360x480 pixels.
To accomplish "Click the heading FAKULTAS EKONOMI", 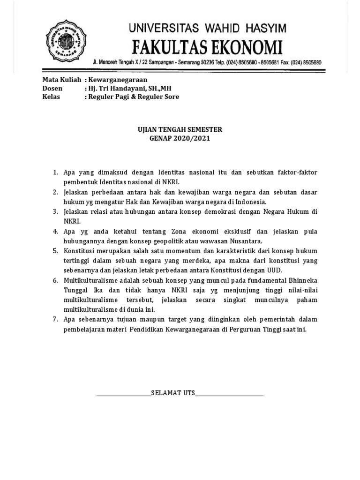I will [x=208, y=47].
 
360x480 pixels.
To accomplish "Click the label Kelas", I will [x=51, y=97].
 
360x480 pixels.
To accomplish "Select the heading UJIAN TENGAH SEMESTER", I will [x=179, y=129].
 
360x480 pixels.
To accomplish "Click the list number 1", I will [x=55, y=172].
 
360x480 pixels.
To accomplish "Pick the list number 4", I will [x=55, y=231].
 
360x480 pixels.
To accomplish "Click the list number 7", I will [x=55, y=319].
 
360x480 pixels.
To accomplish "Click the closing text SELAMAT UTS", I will [x=173, y=392].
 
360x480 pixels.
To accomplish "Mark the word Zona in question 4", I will [x=179, y=231].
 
